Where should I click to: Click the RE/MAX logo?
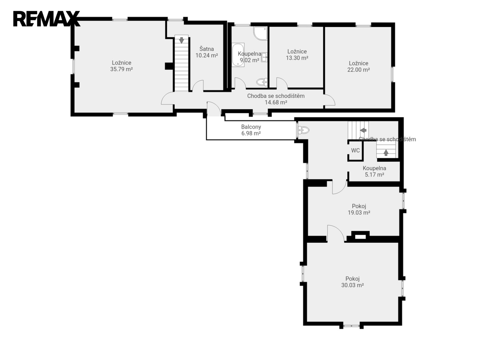(x=47, y=19)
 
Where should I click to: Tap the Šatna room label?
(x=206, y=49)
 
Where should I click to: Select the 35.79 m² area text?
(x=121, y=69)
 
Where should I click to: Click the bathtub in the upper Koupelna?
(x=238, y=55)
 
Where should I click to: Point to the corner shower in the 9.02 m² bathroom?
(x=260, y=33)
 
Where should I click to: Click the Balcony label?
(x=251, y=127)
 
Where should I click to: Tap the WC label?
(x=355, y=150)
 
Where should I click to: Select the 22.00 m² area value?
(x=359, y=70)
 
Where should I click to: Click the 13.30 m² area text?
(x=297, y=58)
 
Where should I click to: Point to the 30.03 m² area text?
(x=352, y=285)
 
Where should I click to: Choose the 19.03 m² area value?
(x=359, y=212)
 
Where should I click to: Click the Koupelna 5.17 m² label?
(x=374, y=171)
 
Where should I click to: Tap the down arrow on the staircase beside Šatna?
(x=181, y=40)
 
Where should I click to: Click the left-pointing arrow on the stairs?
(x=363, y=130)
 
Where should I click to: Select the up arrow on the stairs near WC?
(x=386, y=153)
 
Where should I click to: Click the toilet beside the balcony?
(x=304, y=130)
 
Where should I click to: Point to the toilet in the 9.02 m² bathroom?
(x=262, y=82)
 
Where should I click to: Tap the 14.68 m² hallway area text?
(x=276, y=102)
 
